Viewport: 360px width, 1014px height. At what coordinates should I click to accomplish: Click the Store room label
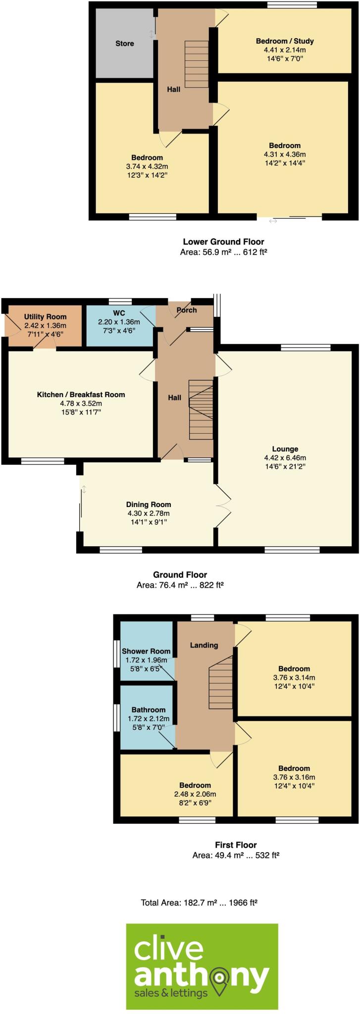124,44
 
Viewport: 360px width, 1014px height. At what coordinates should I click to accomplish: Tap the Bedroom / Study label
285,41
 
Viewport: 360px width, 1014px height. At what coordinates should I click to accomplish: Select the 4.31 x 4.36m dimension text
284,153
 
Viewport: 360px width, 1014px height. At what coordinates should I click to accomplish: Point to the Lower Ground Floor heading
223,242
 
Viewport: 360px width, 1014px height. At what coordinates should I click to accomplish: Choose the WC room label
119,313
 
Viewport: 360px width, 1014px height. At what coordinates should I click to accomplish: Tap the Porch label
187,310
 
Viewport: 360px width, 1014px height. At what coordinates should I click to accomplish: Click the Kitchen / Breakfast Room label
81,395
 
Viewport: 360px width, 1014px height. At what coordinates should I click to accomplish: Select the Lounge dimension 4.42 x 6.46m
284,457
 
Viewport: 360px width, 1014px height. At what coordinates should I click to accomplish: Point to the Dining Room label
148,505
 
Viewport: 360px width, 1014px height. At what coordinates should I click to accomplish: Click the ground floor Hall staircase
201,409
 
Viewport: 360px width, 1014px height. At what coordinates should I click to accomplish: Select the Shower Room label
146,651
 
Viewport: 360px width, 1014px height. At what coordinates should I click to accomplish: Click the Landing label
204,645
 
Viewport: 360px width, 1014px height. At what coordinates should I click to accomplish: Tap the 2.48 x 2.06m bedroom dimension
195,794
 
